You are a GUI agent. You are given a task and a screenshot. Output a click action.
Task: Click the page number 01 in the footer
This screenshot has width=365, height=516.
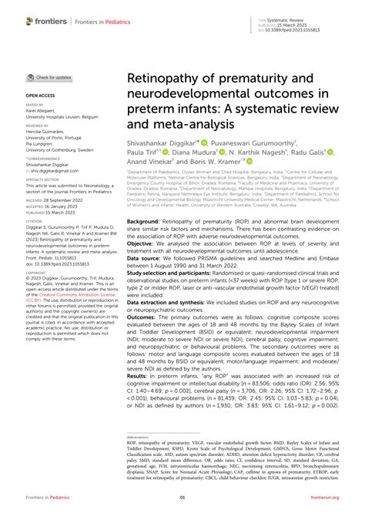[x=182, y=500]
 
